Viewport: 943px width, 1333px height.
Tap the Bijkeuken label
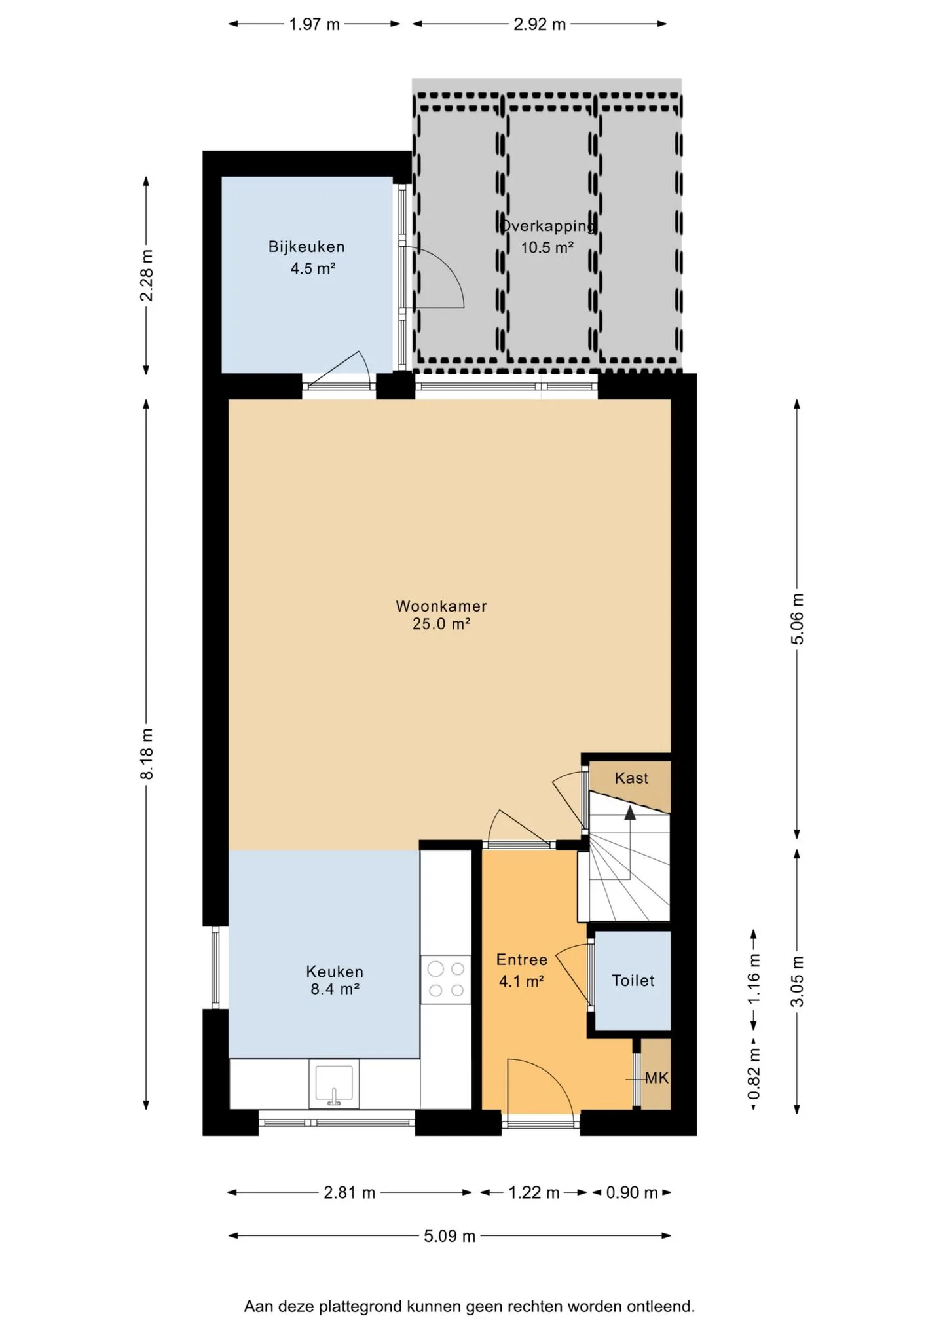tap(306, 247)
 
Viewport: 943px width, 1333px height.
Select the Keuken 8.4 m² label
tap(335, 980)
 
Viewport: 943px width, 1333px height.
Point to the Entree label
tap(522, 960)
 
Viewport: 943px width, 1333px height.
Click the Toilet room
tap(633, 981)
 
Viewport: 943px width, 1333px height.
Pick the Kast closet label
tap(631, 778)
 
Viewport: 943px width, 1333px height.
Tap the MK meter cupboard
tap(656, 1078)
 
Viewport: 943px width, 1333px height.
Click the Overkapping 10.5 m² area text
tap(547, 237)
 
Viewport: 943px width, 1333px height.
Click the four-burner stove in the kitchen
tap(446, 979)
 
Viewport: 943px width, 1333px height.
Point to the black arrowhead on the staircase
tap(630, 813)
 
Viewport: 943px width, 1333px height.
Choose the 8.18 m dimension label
tap(147, 754)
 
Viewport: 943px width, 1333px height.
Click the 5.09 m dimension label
tap(449, 1236)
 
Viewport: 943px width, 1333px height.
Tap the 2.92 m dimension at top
tap(540, 24)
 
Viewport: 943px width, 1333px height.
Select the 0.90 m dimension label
tap(632, 1192)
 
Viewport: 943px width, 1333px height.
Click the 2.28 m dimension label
tap(147, 275)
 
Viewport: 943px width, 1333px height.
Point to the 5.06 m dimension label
tap(797, 619)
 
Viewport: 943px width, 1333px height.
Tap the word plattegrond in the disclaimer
tap(361, 1306)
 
